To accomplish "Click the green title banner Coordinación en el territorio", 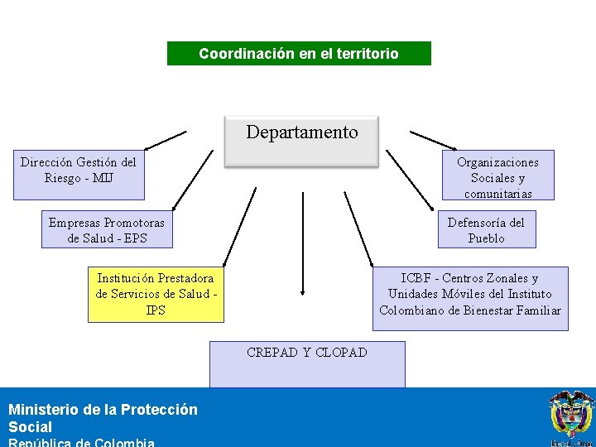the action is click(x=299, y=54).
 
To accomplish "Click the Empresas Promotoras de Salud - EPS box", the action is click(x=107, y=229).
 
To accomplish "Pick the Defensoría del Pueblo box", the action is click(x=486, y=229).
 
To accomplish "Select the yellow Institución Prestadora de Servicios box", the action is click(x=156, y=294).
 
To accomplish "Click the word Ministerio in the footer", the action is click(x=45, y=410).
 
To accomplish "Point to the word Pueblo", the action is click(x=486, y=238).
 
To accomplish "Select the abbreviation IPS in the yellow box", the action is click(x=156, y=310).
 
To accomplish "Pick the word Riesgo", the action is click(x=62, y=178).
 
